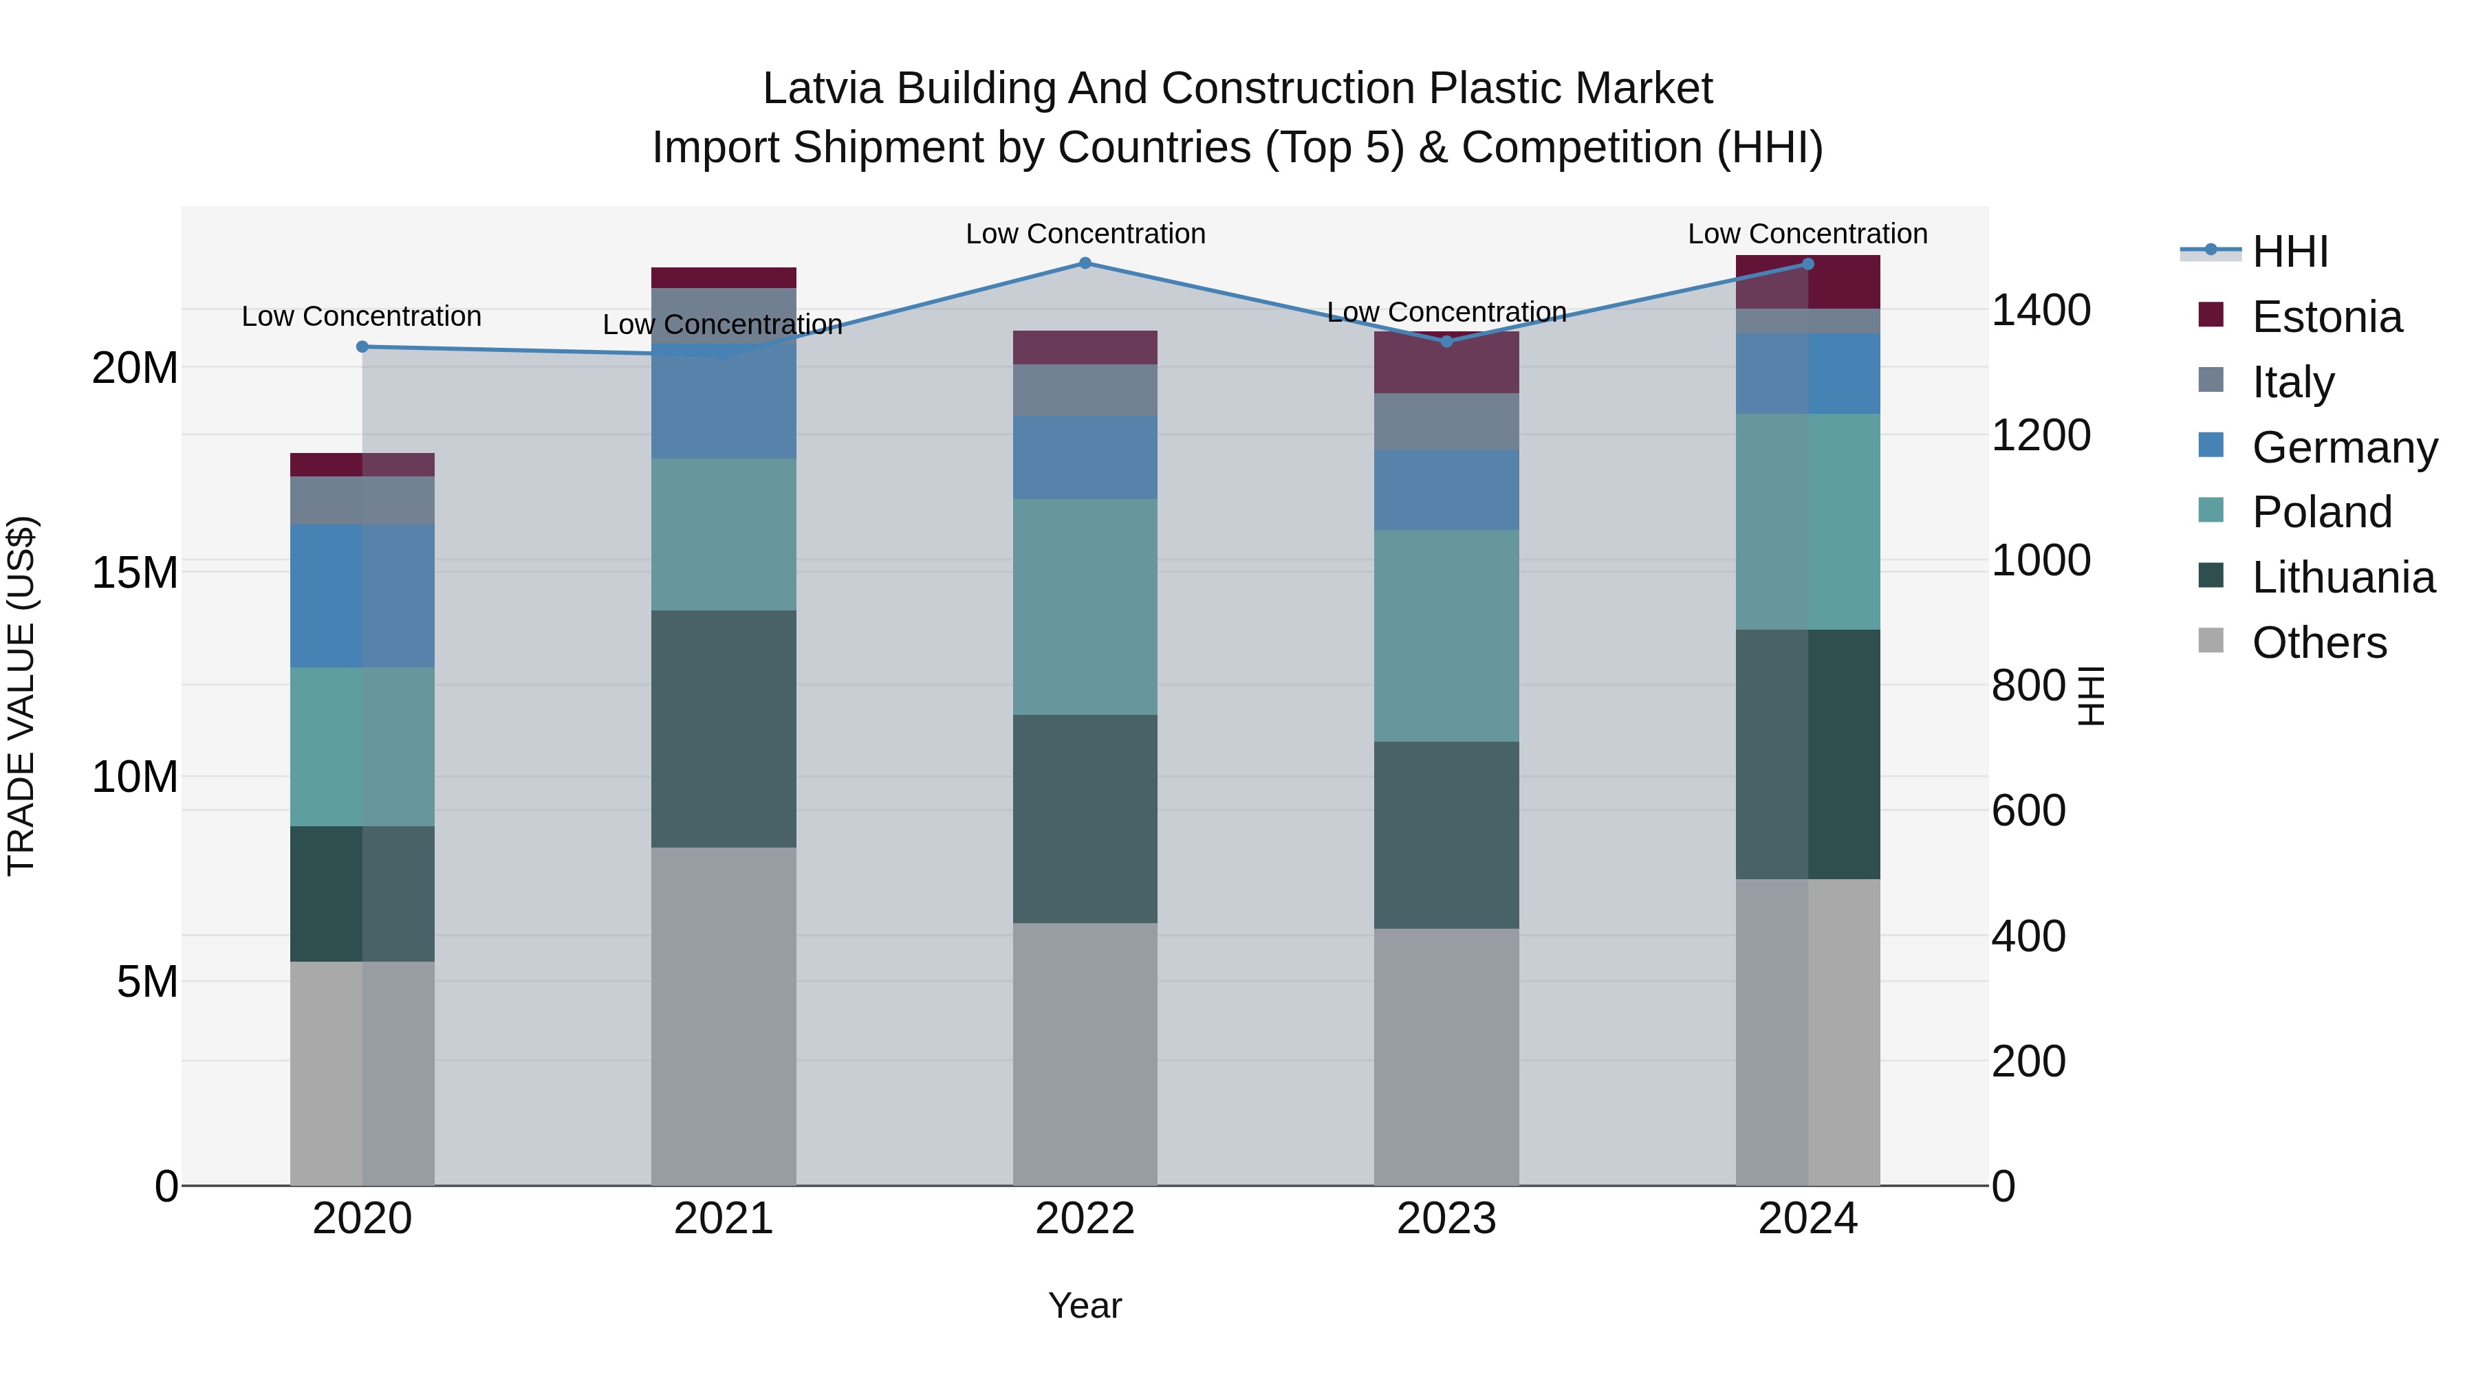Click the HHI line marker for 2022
click(x=1085, y=263)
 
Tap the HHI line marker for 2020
click(x=362, y=347)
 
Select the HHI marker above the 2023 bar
click(x=1446, y=341)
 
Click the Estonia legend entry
click(x=2326, y=317)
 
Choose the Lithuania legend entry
click(x=2343, y=577)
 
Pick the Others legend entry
click(x=2318, y=643)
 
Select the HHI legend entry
click(x=2290, y=252)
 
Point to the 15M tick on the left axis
click(x=135, y=573)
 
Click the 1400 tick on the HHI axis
click(x=2041, y=310)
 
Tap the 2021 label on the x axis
click(x=724, y=1219)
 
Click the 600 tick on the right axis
click(x=2028, y=811)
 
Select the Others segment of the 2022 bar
click(x=1085, y=1054)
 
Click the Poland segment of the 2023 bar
click(x=1446, y=636)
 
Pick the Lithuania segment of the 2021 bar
click(x=724, y=729)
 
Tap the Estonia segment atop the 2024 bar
click(x=1808, y=283)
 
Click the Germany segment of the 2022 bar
click(x=1085, y=457)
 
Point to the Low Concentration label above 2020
click(x=361, y=316)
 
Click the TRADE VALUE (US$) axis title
click(x=21, y=696)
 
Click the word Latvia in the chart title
click(x=823, y=89)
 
